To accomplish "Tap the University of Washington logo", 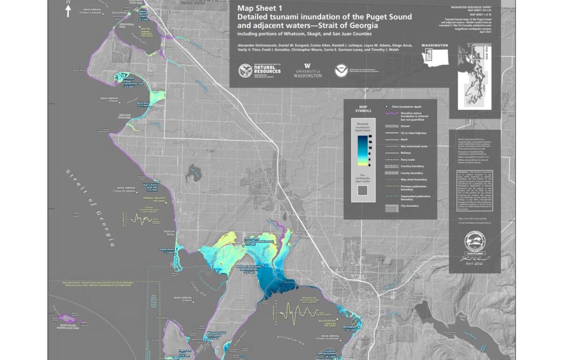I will (308, 71).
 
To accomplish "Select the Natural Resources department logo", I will (260, 71).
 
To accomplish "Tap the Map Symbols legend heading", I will (362, 108).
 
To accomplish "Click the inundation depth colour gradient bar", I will (362, 150).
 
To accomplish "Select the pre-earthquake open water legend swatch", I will (362, 190).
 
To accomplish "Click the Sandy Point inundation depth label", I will (167, 251).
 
